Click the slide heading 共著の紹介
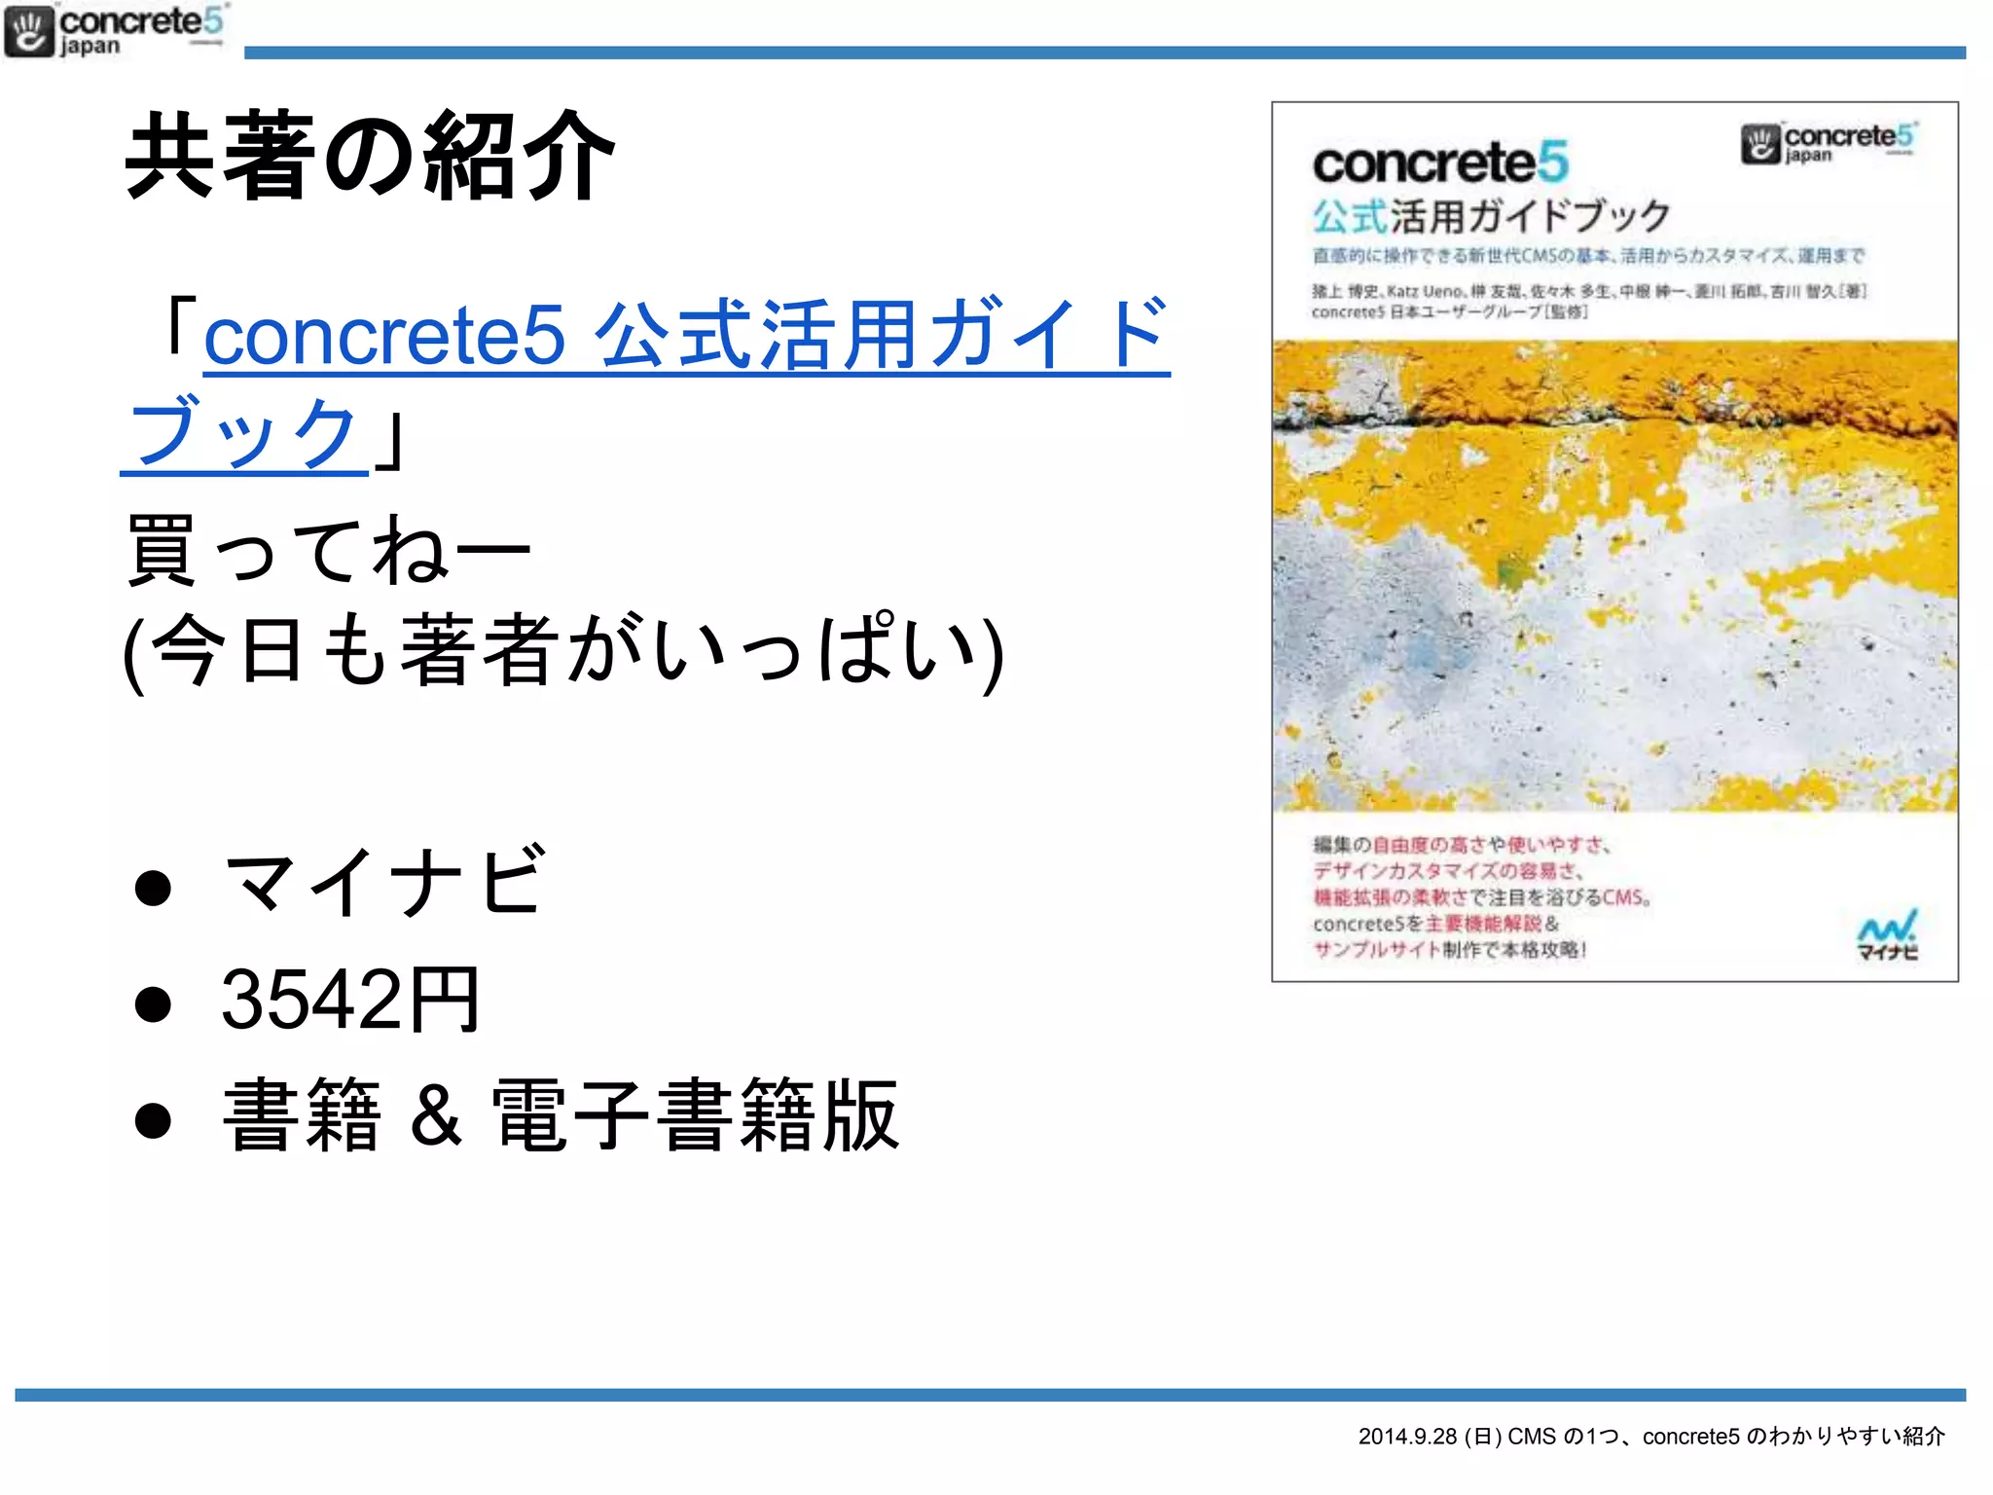(370, 156)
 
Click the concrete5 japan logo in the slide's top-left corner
(115, 31)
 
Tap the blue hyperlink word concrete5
(383, 336)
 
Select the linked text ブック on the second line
(243, 433)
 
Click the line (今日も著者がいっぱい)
(562, 650)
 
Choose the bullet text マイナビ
(383, 882)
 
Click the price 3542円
(350, 999)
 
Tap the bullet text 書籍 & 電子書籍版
(561, 1115)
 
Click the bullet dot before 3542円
(153, 1003)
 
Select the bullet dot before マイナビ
(153, 887)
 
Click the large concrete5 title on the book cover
(1439, 163)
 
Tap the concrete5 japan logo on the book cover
(1828, 143)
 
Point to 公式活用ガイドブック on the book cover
(1491, 216)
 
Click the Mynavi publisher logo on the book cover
(1887, 935)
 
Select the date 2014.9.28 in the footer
(1407, 1437)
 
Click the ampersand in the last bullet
(435, 1115)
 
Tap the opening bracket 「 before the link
(180, 326)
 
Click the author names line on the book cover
(1588, 291)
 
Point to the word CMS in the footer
(1532, 1437)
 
